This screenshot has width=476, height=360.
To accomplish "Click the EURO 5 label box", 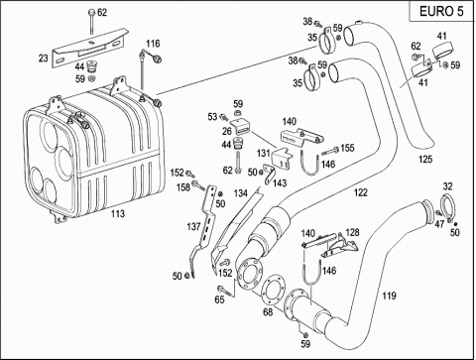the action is tap(441, 11).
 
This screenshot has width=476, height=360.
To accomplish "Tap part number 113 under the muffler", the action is tap(118, 214).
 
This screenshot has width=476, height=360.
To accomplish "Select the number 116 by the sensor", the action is tap(153, 44).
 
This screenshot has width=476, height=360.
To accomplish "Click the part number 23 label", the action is tap(44, 59).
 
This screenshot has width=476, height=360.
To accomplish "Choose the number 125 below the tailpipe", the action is tap(425, 159).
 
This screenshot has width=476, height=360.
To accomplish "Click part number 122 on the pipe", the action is tap(361, 192).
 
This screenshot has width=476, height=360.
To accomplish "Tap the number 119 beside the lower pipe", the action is tap(389, 296).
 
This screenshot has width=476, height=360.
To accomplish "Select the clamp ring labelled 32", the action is tap(448, 207).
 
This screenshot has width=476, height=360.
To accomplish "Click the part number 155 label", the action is tap(347, 148).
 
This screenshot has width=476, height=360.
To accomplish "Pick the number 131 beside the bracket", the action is tap(264, 153).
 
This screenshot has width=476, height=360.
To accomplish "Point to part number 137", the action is tap(193, 226).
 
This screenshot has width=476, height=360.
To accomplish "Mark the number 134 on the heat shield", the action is tap(241, 193).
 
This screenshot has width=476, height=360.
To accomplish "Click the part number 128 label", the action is tap(352, 232).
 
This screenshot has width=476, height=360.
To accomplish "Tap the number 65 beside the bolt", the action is tap(219, 300).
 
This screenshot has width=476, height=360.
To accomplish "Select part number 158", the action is tap(183, 187).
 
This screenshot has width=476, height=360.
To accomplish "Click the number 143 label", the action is tap(280, 182).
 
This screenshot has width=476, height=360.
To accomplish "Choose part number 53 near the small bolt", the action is tap(212, 117).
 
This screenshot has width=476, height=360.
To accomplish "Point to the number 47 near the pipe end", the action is tap(439, 224).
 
